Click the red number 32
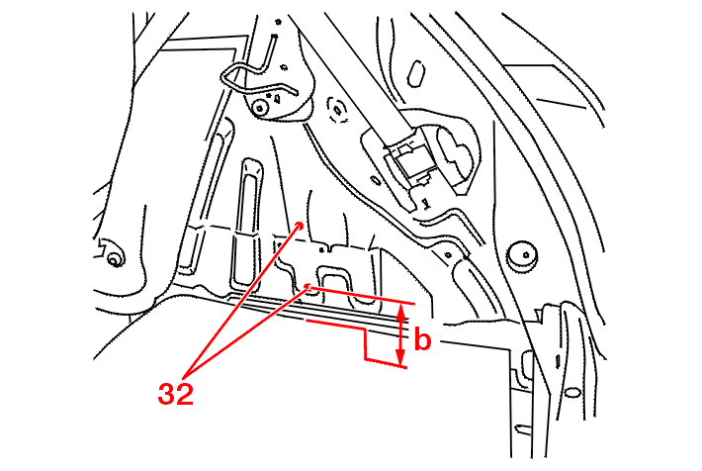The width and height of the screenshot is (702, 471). [x=176, y=395]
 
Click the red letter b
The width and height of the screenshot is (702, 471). [x=422, y=338]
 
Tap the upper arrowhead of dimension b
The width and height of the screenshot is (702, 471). [x=401, y=312]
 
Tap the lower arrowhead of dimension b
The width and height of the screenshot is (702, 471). [x=400, y=357]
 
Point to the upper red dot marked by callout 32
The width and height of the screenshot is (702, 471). [x=301, y=225]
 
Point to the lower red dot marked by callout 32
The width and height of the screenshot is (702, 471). [x=307, y=286]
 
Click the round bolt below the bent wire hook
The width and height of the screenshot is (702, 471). [x=260, y=108]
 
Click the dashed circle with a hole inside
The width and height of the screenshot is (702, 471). [x=337, y=110]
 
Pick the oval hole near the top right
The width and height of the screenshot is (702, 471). [x=416, y=73]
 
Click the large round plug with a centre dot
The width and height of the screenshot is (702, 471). [x=525, y=256]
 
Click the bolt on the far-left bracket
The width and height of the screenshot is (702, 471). [x=114, y=259]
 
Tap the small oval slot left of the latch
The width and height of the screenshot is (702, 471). [x=375, y=180]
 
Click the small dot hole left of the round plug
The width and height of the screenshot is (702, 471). [x=448, y=255]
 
